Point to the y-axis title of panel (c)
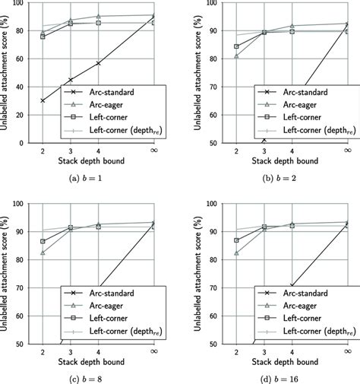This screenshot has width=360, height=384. point(8,274)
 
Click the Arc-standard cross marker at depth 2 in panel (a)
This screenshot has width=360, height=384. point(43,100)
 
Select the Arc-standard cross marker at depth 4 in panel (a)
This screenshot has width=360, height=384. point(99,63)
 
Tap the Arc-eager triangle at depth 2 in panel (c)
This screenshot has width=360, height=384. point(43,252)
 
